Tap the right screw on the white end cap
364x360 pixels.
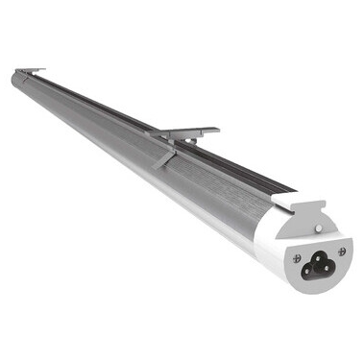click(342, 251)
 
